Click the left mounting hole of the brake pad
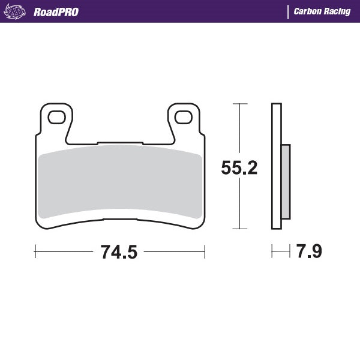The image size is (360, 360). point(56,116)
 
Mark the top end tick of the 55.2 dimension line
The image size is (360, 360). point(239,104)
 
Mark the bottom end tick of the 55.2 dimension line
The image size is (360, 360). point(239,229)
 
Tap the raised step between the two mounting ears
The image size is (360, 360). point(120,143)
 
